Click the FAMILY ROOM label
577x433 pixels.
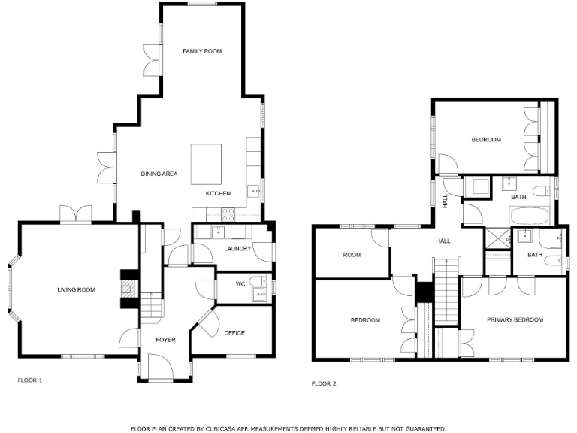[203, 51]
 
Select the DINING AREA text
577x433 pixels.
[159, 174]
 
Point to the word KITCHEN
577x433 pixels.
[219, 194]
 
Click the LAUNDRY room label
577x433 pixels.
[237, 249]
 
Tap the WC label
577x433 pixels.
[240, 284]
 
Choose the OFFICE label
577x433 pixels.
[234, 333]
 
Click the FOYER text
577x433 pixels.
[165, 340]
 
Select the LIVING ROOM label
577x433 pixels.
[77, 289]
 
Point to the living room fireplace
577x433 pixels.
[129, 289]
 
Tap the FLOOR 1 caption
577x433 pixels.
[30, 380]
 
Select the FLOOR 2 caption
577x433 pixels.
[324, 383]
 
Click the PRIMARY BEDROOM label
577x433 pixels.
[515, 319]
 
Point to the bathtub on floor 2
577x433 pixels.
[533, 216]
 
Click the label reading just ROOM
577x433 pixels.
[352, 255]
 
